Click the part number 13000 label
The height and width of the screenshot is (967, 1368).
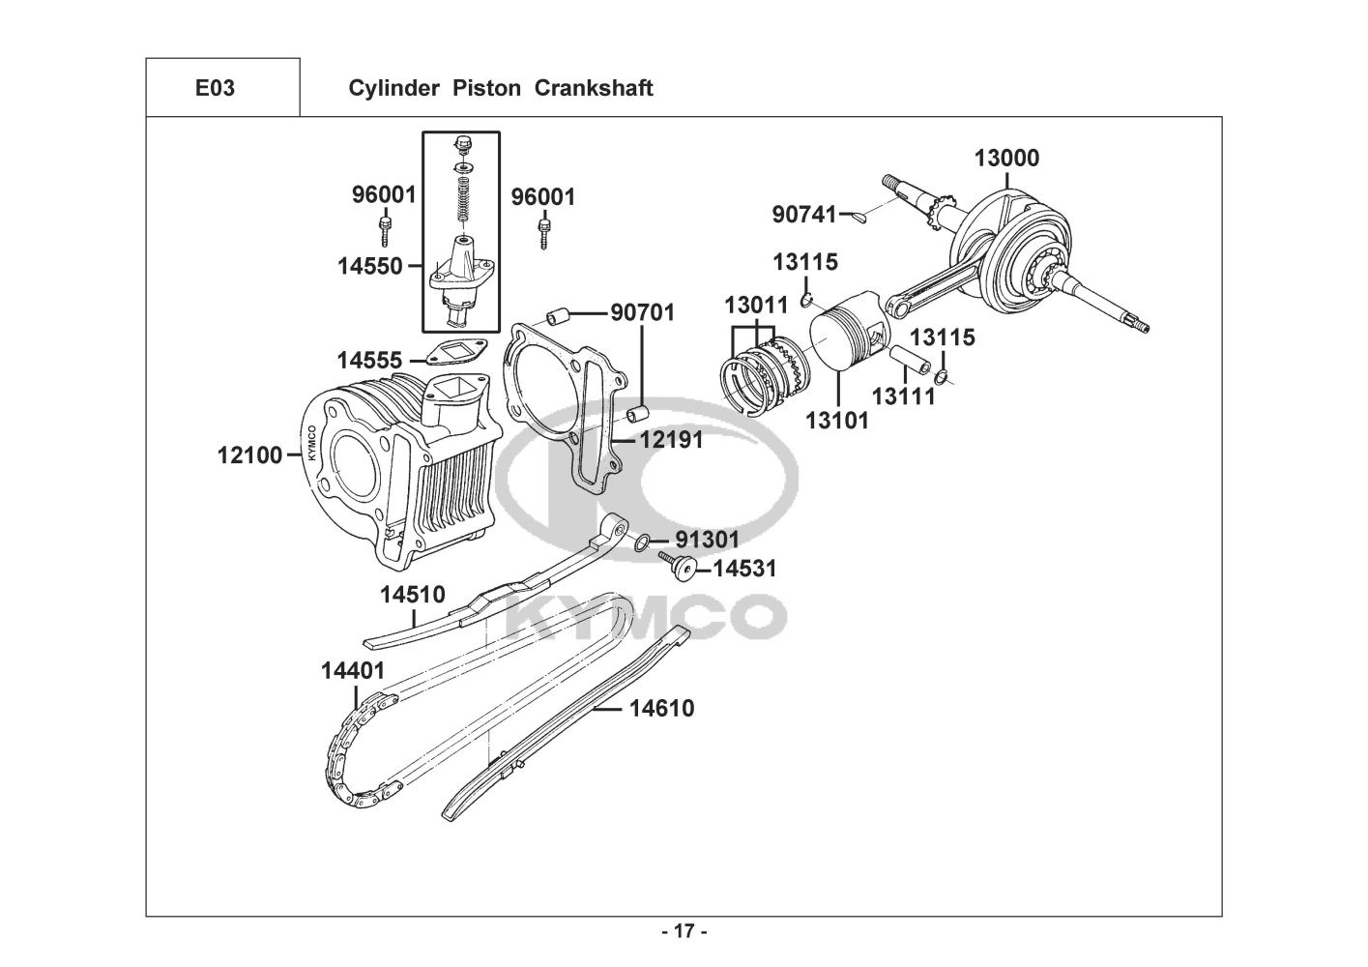(x=1006, y=159)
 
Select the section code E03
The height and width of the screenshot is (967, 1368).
(x=215, y=88)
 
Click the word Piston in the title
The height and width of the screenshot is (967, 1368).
(x=486, y=88)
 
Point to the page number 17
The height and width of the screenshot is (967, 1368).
(x=684, y=931)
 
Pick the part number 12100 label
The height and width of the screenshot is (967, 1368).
(x=249, y=455)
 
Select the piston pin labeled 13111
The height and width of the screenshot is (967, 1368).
(x=910, y=361)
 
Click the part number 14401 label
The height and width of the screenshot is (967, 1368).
(x=353, y=671)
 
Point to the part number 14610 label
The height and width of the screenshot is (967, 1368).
(x=662, y=709)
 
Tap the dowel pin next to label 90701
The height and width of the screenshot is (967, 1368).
(x=557, y=317)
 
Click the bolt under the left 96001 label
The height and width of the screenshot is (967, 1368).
(x=385, y=230)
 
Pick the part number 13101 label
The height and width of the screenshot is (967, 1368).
(x=836, y=421)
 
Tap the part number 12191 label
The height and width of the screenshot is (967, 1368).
(x=672, y=440)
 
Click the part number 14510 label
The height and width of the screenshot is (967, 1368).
(x=413, y=595)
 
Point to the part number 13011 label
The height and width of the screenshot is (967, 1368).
(x=757, y=306)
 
